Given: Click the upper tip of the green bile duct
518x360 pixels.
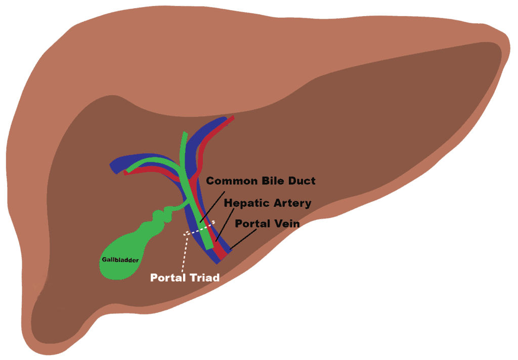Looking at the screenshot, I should tap(185, 134).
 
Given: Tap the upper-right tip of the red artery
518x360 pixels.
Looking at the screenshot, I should tap(232, 118).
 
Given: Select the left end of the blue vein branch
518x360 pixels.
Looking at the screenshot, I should tap(113, 165).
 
